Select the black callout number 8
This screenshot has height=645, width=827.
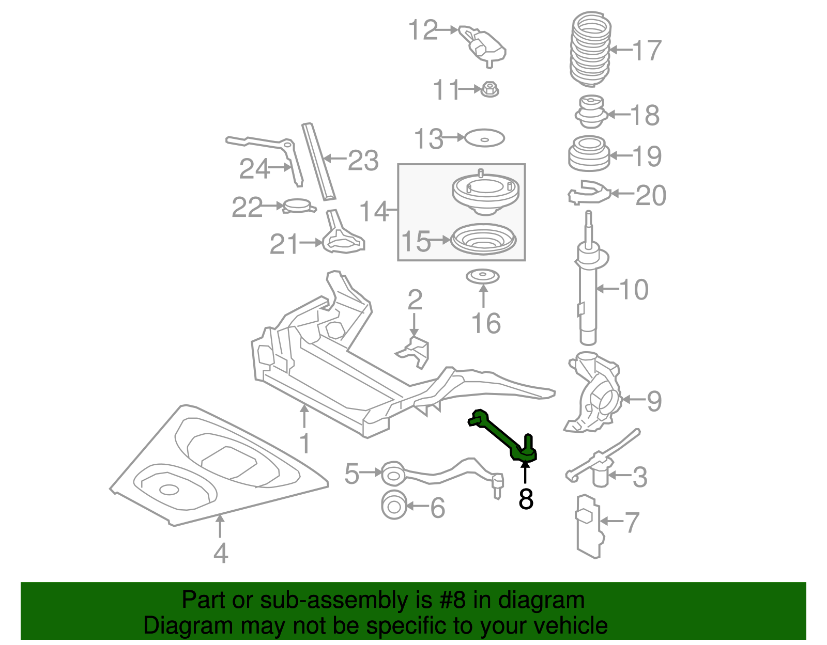pos(526,499)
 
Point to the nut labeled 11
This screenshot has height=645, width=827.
pos(489,90)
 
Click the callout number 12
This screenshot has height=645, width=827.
pos(423,30)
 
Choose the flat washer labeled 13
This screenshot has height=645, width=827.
pos(484,138)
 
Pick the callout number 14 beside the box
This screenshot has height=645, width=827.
pos(374,211)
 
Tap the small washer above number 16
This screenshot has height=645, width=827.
pos(483,276)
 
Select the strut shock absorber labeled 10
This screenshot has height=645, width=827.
pos(588,289)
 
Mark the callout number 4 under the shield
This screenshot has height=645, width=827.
pos(221,553)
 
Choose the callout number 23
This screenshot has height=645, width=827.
pos(363,160)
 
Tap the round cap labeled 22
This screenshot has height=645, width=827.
pos(299,207)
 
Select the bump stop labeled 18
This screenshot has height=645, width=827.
pos(591,113)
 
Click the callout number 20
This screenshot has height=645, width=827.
pos(651,195)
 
